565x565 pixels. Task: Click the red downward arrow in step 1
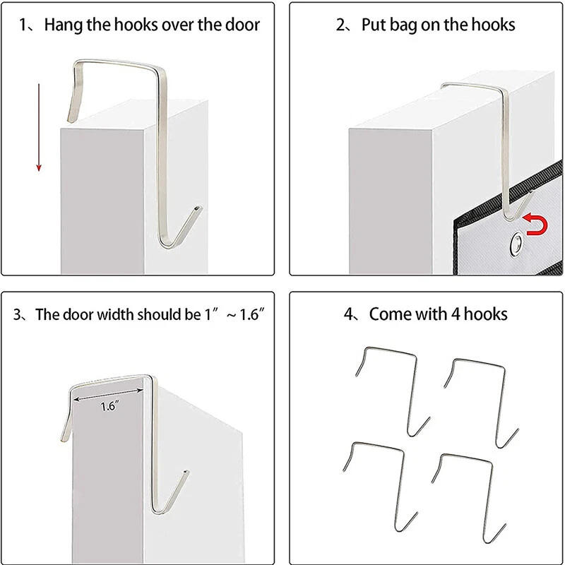click(39, 128)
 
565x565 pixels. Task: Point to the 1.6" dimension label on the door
click(108, 407)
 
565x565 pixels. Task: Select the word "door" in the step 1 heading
click(242, 25)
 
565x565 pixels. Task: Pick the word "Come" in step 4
click(390, 314)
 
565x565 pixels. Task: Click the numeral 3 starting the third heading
click(17, 314)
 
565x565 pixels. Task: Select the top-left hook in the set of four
click(393, 392)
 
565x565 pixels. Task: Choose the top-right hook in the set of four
click(481, 403)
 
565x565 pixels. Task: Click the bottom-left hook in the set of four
click(380, 487)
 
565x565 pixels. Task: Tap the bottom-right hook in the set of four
click(468, 499)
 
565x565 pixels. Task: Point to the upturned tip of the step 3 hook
click(186, 472)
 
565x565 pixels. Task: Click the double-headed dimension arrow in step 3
click(108, 394)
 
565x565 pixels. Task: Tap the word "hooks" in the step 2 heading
click(493, 25)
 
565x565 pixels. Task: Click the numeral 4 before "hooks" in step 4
click(456, 314)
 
